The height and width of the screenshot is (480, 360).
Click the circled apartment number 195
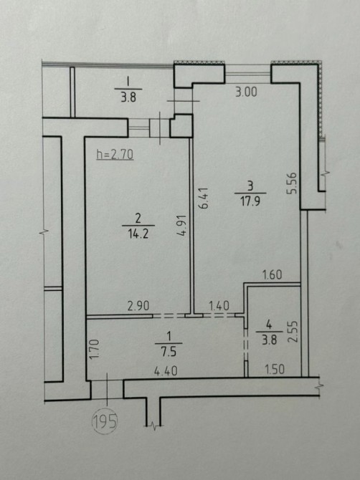(x=105, y=422)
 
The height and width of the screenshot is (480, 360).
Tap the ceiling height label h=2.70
(x=115, y=155)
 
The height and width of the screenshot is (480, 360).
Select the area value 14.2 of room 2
(x=138, y=234)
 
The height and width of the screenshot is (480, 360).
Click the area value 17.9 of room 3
(x=250, y=201)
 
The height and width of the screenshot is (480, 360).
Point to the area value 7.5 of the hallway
(x=169, y=352)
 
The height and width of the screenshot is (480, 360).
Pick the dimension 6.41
(x=204, y=198)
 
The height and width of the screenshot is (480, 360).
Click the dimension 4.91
(x=181, y=225)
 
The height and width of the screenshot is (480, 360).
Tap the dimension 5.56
(x=292, y=183)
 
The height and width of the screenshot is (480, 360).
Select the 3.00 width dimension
(x=246, y=92)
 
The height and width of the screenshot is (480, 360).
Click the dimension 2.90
(x=138, y=306)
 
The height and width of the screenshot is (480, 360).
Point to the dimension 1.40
(x=219, y=305)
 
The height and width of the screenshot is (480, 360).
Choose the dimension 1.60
(x=273, y=274)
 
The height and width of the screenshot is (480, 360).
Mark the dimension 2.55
(x=293, y=331)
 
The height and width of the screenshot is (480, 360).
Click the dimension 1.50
(x=274, y=370)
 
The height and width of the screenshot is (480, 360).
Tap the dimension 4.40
(x=166, y=371)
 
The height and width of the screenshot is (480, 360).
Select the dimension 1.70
(x=95, y=350)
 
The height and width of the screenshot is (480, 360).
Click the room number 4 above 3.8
(x=269, y=325)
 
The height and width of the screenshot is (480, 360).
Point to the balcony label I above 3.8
(x=128, y=82)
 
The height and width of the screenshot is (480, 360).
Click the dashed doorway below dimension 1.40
(x=219, y=315)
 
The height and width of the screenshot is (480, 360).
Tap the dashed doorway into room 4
(x=245, y=345)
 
